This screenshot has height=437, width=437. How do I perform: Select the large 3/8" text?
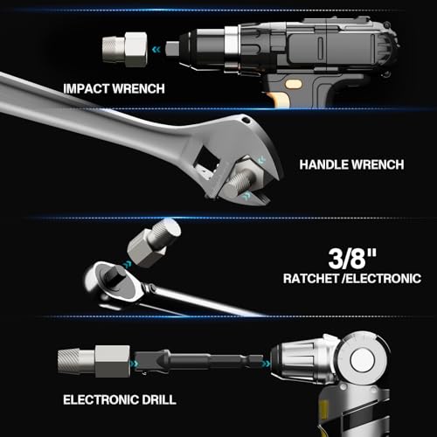point(352,259)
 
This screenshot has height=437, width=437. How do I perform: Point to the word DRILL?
point(159,399)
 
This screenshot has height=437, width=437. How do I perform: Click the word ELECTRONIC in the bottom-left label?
point(101,399)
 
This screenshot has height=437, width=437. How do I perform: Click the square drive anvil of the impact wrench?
point(172,48)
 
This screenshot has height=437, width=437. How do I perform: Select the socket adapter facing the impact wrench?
point(125,50)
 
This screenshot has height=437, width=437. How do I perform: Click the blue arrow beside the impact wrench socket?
point(156,50)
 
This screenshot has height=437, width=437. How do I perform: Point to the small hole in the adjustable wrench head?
point(246,120)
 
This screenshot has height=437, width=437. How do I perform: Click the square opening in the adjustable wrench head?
point(207,157)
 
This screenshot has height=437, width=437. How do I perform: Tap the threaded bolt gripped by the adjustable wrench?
point(239,184)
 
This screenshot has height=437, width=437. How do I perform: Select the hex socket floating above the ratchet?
point(154,243)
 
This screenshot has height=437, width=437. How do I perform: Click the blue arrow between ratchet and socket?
point(127,265)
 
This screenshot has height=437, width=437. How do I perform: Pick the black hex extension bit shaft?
point(198,363)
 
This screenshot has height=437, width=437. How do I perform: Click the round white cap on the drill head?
point(363,359)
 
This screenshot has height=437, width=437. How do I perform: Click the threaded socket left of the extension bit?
point(94,361)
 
